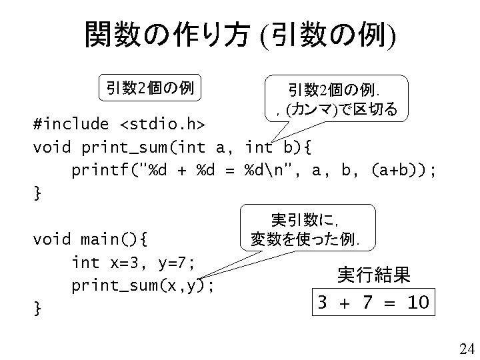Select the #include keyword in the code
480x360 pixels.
pos(72,125)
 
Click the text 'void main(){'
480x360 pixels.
pos(93,238)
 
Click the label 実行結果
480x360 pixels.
pos(373,273)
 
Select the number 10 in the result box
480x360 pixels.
pos(417,303)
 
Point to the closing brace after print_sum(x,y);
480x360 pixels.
pos(37,309)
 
